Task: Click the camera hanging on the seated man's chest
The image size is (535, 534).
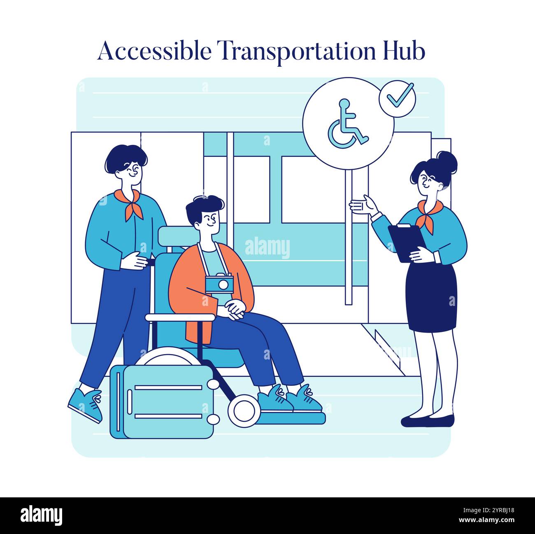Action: [219, 284]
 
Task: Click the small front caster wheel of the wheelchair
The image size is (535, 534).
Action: [244, 410]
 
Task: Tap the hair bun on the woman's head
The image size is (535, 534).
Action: [447, 161]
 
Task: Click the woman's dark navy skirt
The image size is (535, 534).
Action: [431, 296]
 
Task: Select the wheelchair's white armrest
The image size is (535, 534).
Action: [180, 317]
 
